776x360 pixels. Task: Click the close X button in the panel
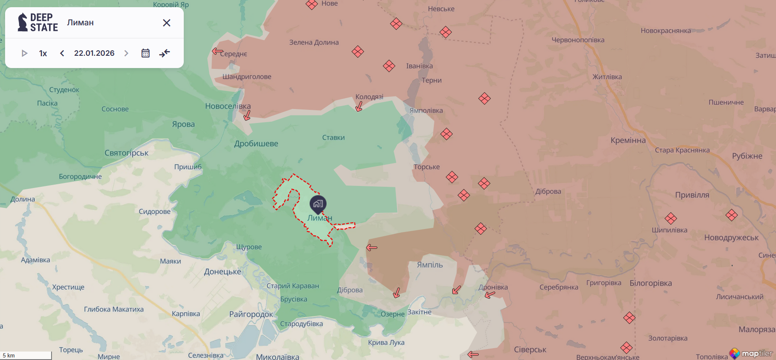[x=166, y=23]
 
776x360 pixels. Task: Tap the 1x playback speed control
[x=43, y=53]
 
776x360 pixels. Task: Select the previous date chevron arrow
[x=62, y=53]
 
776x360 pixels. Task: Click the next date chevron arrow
[x=126, y=53]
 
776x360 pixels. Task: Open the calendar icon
[x=145, y=53]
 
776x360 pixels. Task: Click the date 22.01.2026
[x=94, y=53]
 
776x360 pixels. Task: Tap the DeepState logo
[x=38, y=22]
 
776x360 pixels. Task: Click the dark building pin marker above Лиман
[x=318, y=204]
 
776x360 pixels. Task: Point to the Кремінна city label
[x=628, y=140]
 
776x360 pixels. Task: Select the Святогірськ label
[x=126, y=153]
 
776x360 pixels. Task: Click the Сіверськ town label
[x=530, y=349]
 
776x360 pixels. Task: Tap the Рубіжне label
[x=747, y=156]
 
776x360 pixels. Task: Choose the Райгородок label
[x=251, y=314]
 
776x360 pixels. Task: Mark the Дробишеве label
[x=256, y=144]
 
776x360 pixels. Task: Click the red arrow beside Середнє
[x=217, y=51]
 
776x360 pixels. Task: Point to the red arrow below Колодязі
[x=359, y=106]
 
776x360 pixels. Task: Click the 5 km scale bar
[x=26, y=355]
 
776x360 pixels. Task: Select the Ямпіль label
[x=430, y=265]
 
